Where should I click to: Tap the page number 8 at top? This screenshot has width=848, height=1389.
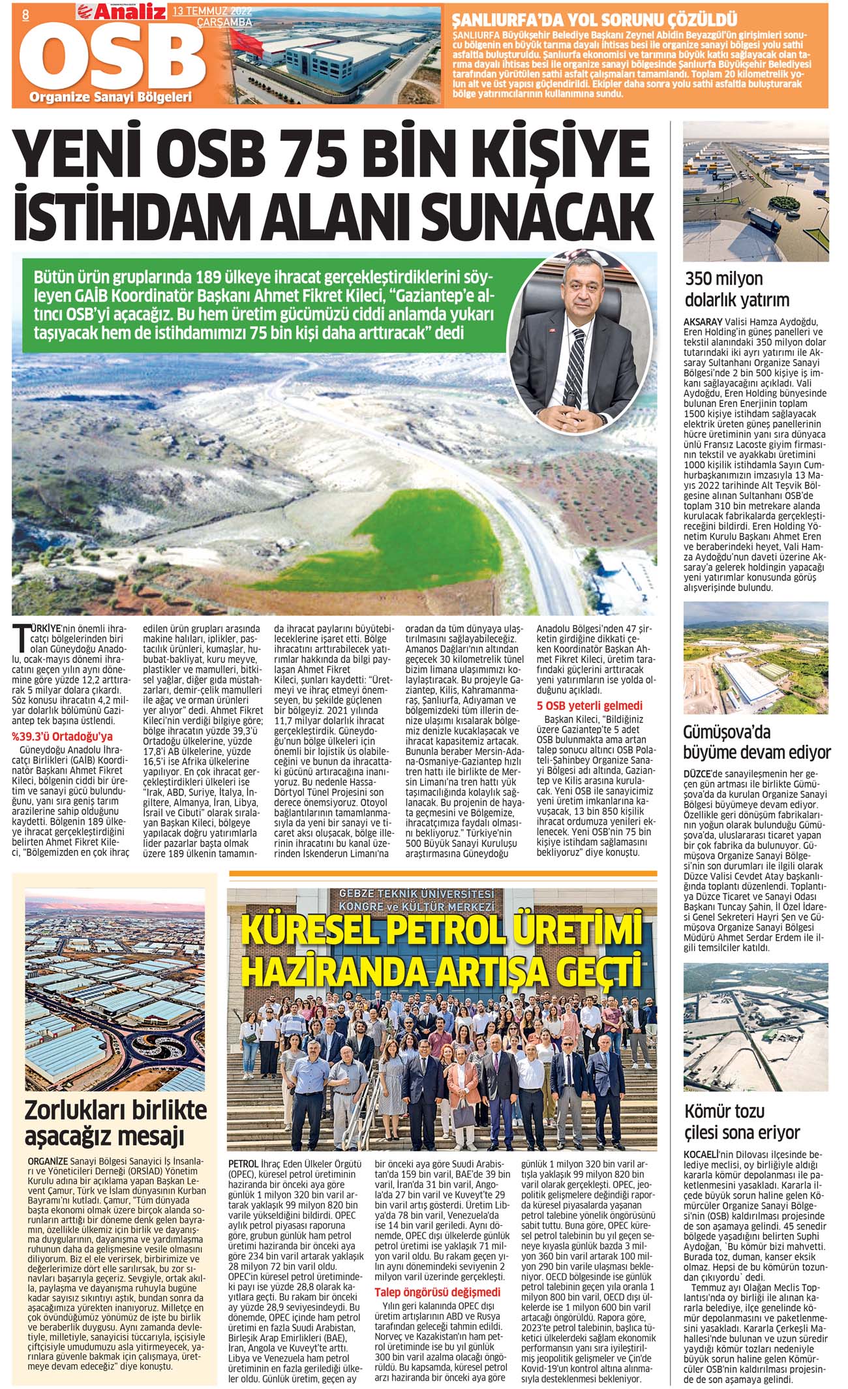(x=25, y=14)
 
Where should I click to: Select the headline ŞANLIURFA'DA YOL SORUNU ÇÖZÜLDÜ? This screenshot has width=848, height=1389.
(x=595, y=18)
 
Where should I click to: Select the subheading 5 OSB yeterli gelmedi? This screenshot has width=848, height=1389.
(x=589, y=706)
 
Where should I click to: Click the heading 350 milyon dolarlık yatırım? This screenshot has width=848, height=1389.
(x=736, y=289)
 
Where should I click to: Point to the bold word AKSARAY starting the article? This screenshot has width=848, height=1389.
(x=703, y=322)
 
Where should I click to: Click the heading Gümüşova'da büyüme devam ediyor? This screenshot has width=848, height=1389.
(x=756, y=742)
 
